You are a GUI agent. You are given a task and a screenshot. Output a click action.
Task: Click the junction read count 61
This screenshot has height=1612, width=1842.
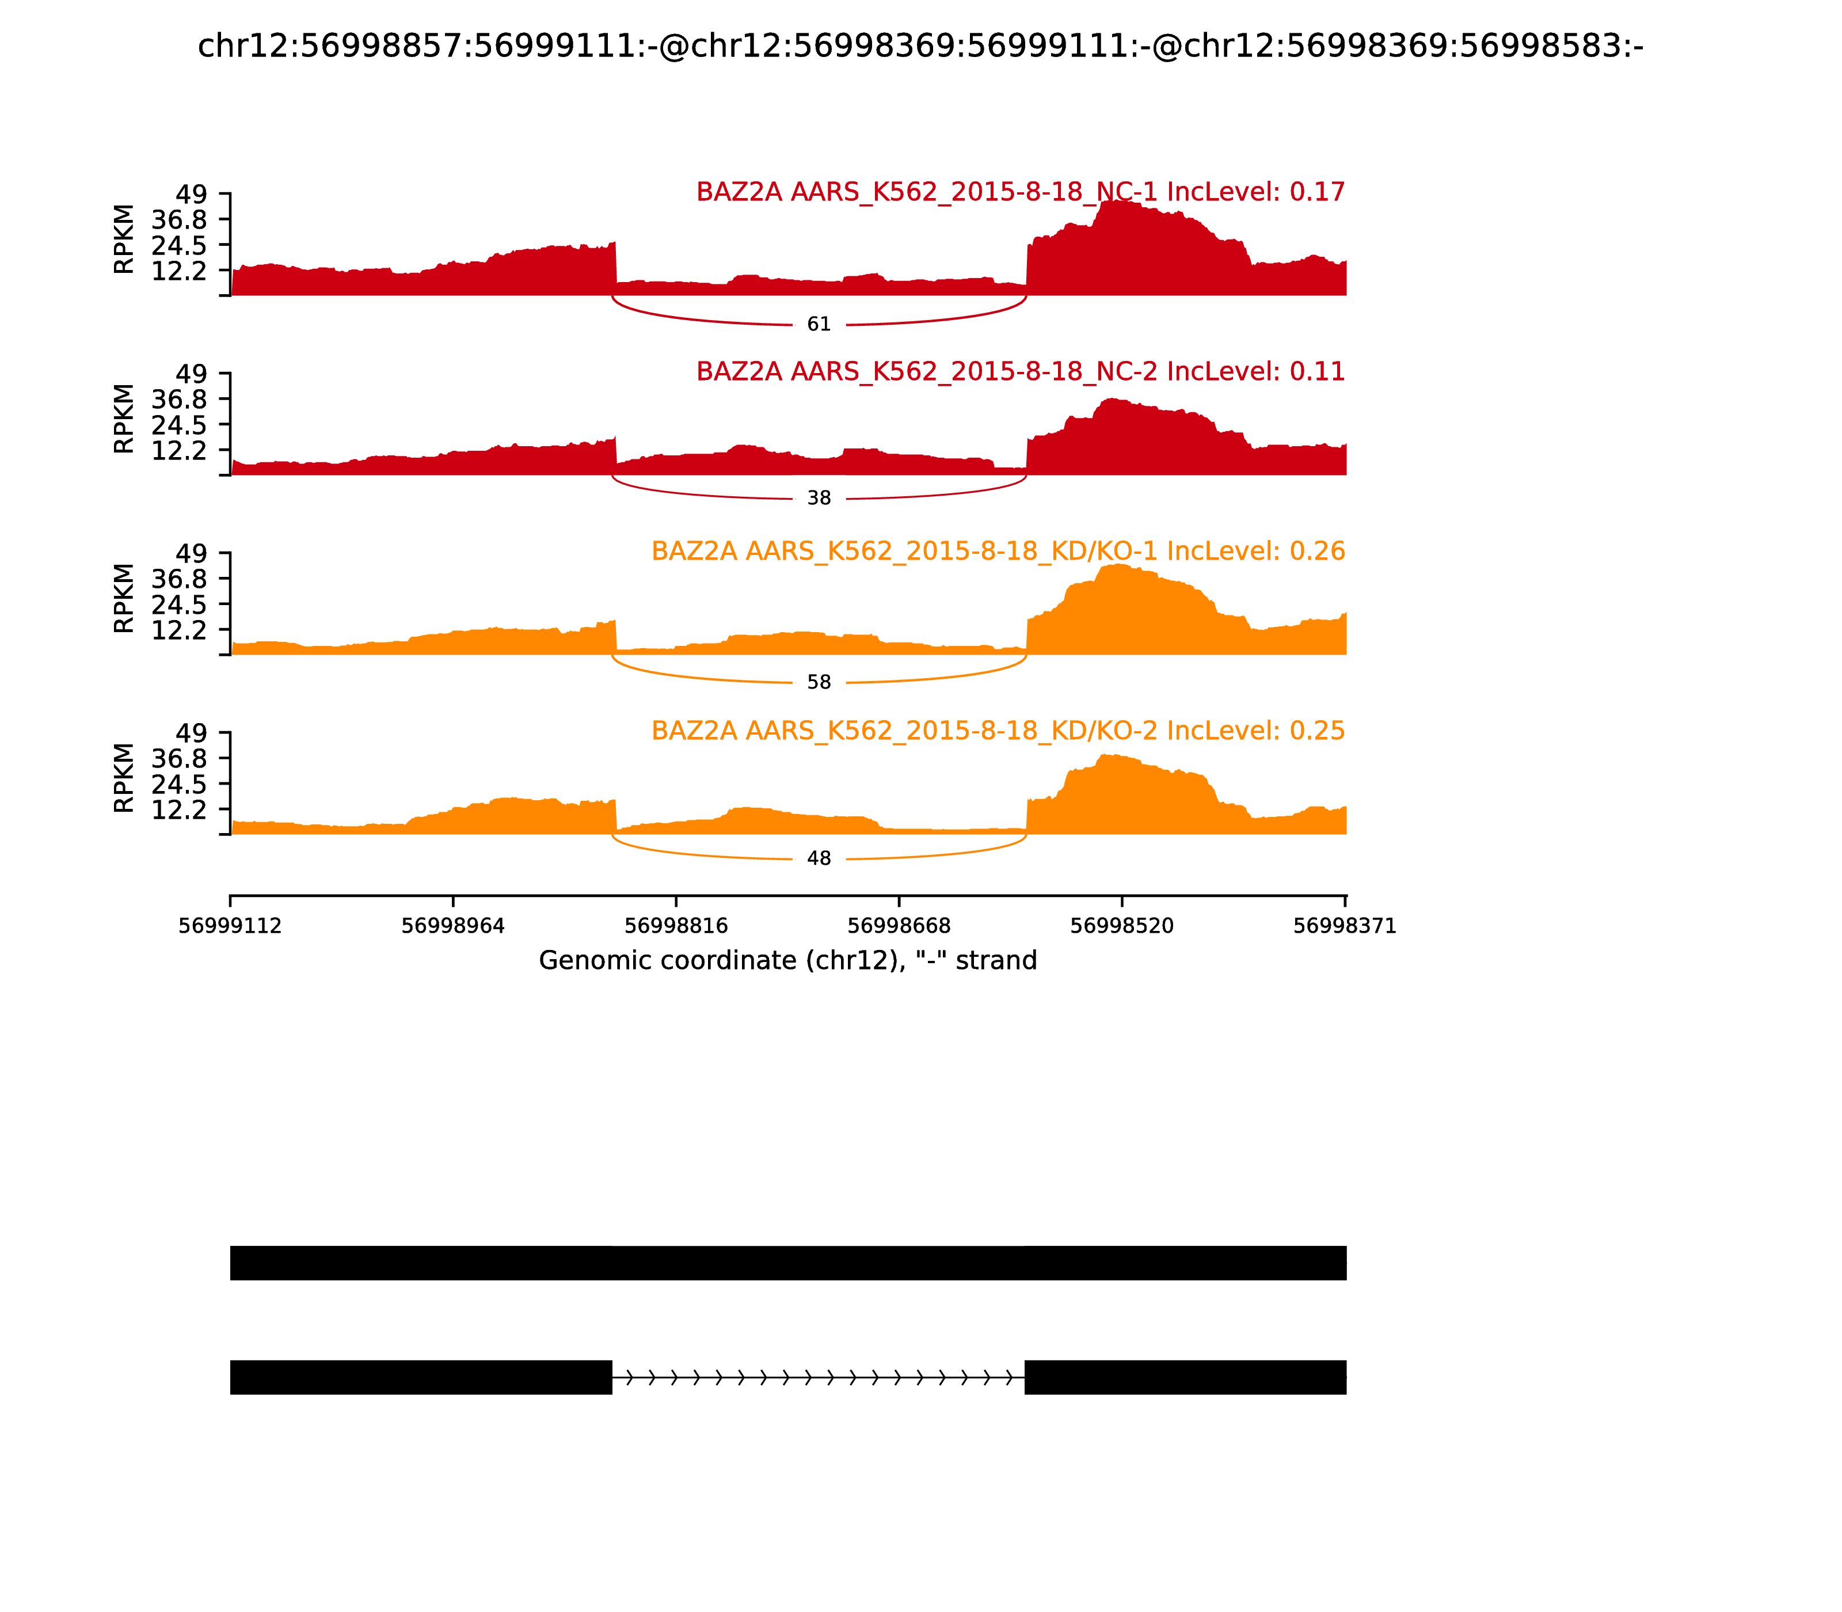(819, 325)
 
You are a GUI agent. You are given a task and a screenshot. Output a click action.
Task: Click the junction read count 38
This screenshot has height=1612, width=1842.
(819, 499)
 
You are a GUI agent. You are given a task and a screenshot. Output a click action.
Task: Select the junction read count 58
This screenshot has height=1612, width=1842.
(819, 683)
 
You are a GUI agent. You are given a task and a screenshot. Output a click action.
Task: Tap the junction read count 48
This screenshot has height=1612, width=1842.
(819, 859)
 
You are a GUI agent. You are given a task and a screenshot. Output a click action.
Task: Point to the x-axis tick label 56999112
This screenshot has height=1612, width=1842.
(230, 926)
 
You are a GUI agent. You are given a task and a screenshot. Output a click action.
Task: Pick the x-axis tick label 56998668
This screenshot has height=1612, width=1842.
(899, 926)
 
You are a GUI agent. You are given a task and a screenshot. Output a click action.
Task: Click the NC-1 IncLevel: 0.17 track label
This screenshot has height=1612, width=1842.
(1020, 192)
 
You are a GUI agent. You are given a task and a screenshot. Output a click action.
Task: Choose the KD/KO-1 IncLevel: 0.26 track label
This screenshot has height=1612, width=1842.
(998, 552)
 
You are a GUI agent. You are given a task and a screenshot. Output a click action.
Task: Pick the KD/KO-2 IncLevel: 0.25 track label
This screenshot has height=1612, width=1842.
(998, 731)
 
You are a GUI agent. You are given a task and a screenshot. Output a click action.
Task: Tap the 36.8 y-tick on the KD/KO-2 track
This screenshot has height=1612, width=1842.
(179, 758)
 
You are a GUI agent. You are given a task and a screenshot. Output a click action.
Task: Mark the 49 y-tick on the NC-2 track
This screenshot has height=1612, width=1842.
(191, 373)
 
